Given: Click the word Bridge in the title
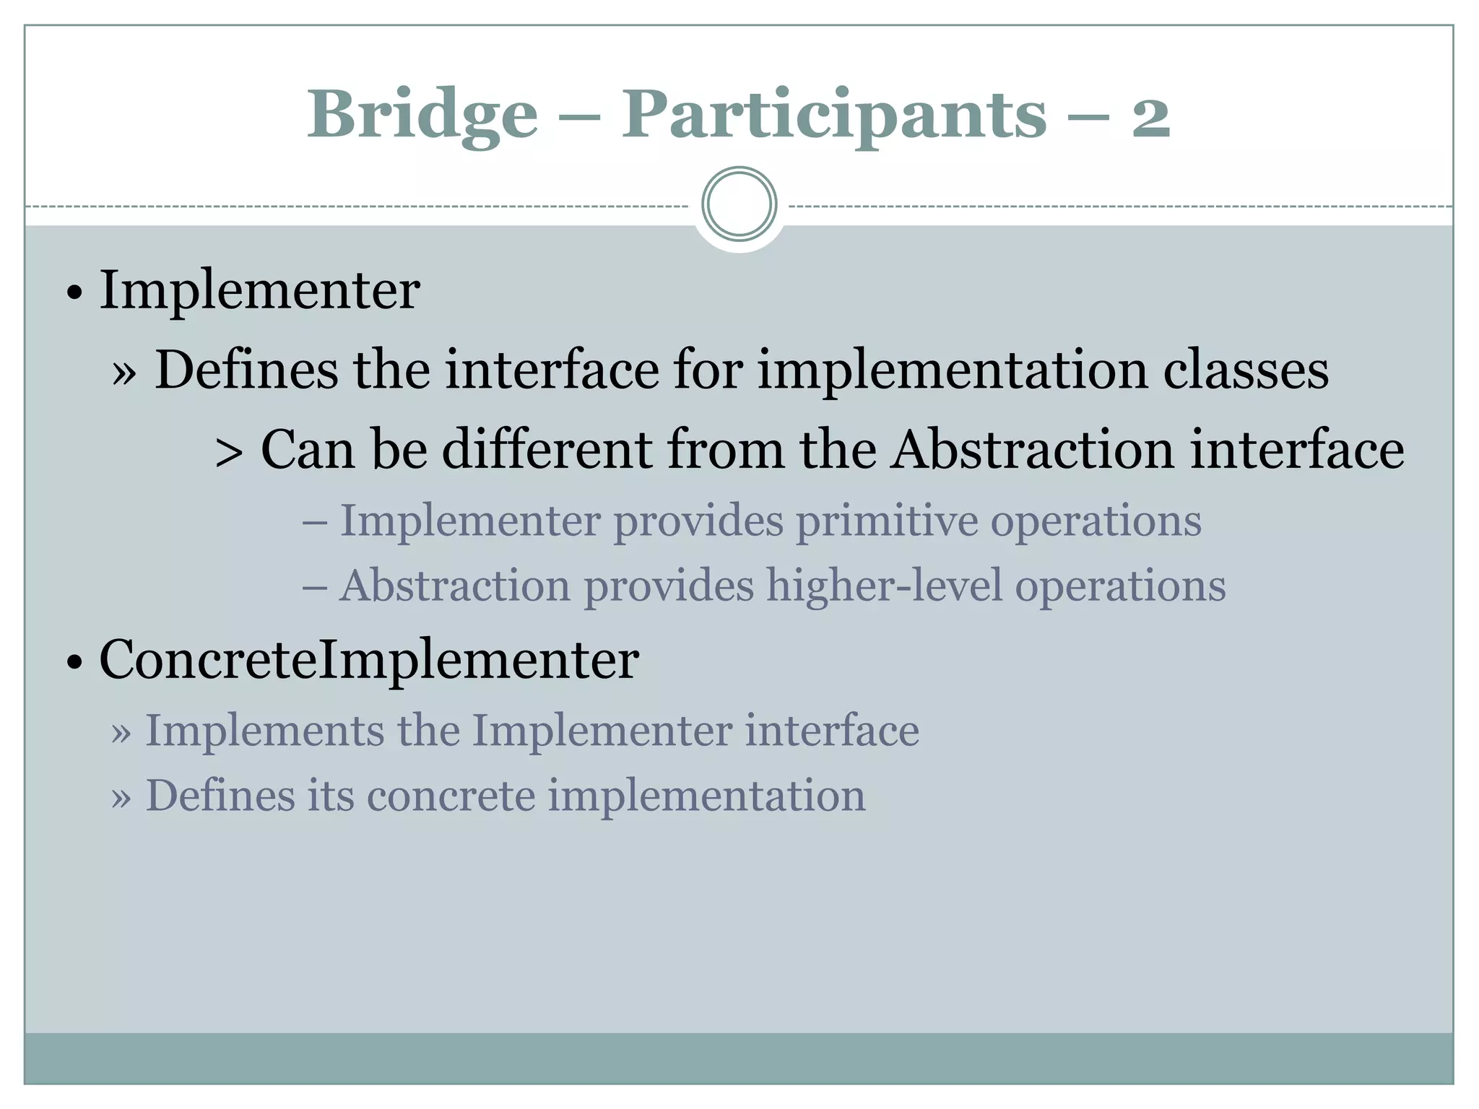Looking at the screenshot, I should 422,116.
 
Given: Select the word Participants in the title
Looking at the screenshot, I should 834,116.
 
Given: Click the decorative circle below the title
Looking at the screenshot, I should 739,204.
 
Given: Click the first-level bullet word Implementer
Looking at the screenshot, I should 259,290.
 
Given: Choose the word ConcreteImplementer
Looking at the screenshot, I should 368,659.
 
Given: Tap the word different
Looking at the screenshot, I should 547,449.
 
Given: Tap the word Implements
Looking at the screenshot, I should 265,731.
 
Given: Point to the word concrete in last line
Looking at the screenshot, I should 451,796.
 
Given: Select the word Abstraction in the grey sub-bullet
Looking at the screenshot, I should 455,585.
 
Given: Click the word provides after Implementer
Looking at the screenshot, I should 698,521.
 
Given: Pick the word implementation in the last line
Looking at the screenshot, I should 706,796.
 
